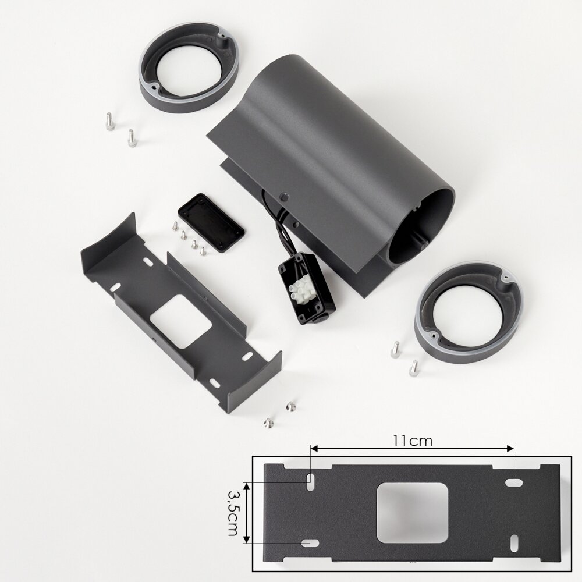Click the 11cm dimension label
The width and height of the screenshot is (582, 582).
413,441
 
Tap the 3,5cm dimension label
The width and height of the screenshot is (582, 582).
233,513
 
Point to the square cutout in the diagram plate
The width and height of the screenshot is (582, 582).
412,513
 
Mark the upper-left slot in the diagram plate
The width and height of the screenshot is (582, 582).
309,482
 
